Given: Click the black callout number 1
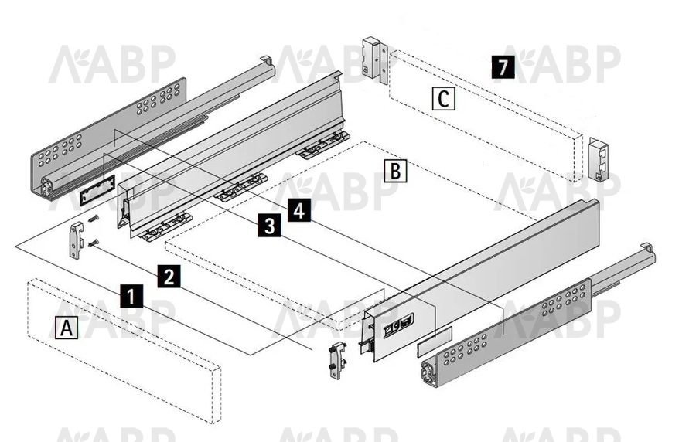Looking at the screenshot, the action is pos(131,295).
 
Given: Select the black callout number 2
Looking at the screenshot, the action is pos(169,276).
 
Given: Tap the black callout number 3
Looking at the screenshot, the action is pos(269,225).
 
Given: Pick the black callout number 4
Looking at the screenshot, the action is pos(298,210).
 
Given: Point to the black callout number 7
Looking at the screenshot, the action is pos(503,67).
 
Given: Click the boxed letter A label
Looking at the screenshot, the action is pos(67,328).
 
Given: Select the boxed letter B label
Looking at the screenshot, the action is pos(395,171).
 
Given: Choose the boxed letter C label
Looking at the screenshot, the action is pos(444,99).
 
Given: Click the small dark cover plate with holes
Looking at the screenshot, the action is pos(97,189).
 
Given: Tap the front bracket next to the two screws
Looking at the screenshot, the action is pos(77,240).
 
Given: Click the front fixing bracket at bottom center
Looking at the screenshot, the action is pos(337,360).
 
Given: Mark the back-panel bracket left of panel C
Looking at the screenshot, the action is pos(374,60).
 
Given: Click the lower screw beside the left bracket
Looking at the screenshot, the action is pos(93,243).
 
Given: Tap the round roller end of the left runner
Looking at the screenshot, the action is pos(46,187).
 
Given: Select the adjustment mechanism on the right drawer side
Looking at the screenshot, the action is pos(399,324).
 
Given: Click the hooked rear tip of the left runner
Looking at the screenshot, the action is pos(267,61).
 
